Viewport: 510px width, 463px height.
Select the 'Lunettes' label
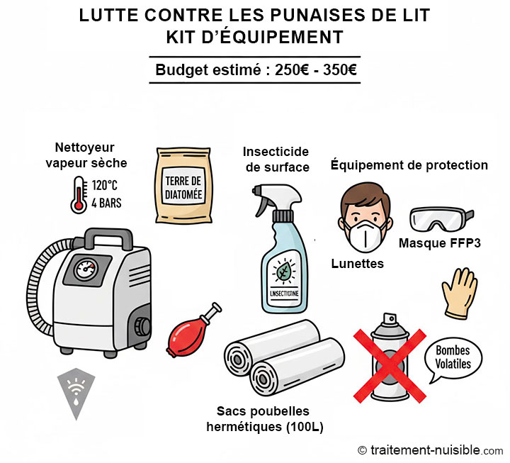coord(358,264)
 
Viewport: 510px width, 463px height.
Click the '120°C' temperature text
coord(104,185)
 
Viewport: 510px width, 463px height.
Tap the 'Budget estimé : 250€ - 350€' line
coord(255,69)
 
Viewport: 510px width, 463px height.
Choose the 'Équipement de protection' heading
coord(409,165)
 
